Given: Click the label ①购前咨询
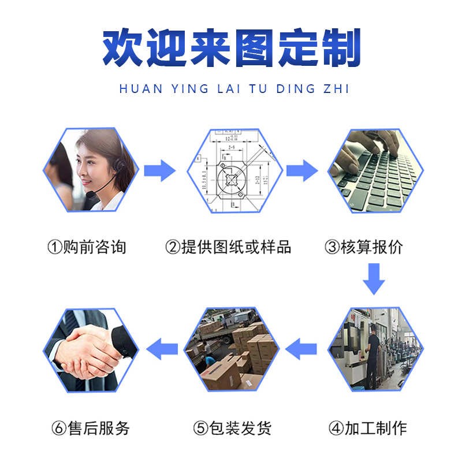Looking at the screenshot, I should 87,247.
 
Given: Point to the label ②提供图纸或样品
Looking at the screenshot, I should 229,247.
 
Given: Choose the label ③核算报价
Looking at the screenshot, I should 364,247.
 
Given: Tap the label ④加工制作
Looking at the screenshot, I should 368,428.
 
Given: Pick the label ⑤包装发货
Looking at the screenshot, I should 233,428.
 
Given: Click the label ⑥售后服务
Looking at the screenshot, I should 91,428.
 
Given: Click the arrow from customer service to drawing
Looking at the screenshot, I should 159,170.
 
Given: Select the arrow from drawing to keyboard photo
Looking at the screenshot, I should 302,170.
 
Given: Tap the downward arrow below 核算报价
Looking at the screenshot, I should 374,278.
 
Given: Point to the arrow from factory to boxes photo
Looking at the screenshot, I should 302,349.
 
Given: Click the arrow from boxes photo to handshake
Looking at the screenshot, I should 162,349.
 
